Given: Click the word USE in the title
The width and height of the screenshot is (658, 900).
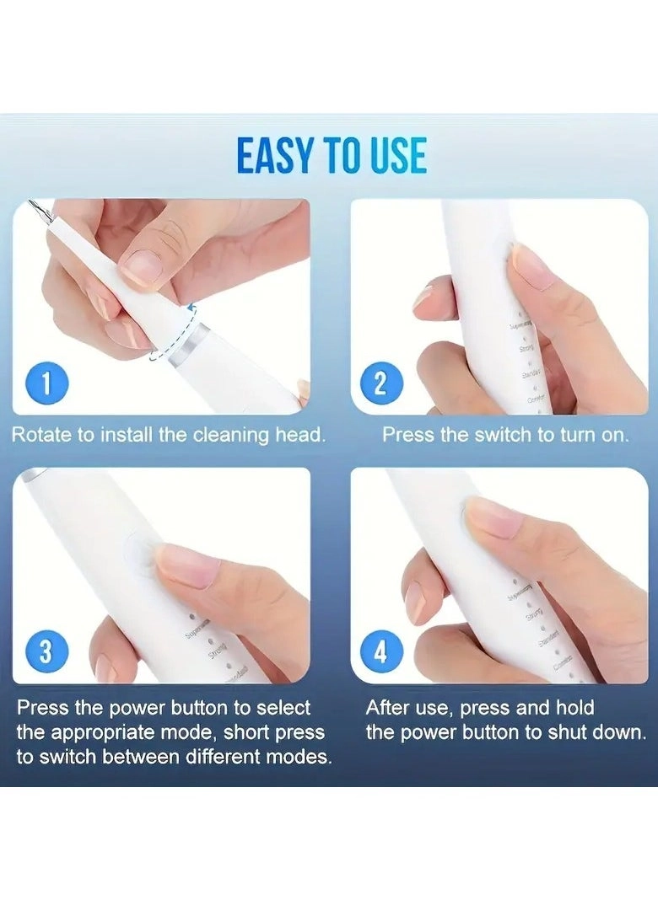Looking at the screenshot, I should [397, 157].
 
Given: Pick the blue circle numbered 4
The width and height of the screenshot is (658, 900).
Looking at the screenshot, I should [380, 651].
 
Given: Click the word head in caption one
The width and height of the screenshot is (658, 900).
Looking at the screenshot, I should [303, 436].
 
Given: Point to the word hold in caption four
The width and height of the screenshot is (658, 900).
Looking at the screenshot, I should [575, 708].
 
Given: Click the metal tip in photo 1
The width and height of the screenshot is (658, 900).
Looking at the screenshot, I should [35, 207].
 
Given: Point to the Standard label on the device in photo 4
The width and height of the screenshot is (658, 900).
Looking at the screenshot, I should [549, 642].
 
